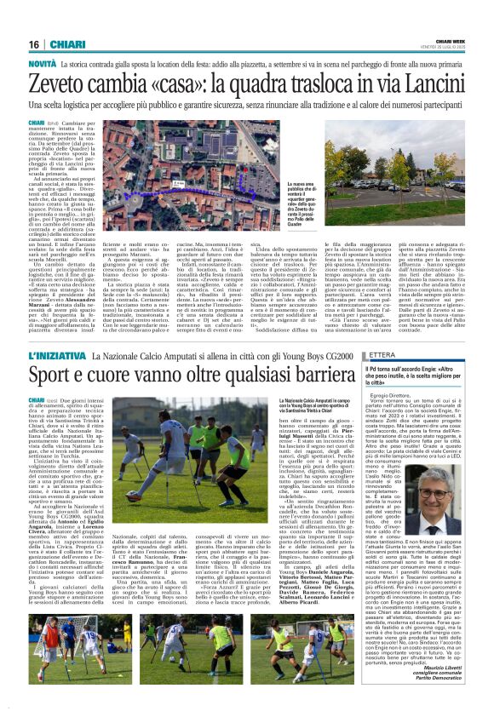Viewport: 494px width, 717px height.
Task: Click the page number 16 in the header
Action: tap(33, 43)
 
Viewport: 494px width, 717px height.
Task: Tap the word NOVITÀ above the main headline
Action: tap(43, 65)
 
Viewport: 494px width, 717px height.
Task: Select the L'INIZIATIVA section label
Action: tap(58, 353)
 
